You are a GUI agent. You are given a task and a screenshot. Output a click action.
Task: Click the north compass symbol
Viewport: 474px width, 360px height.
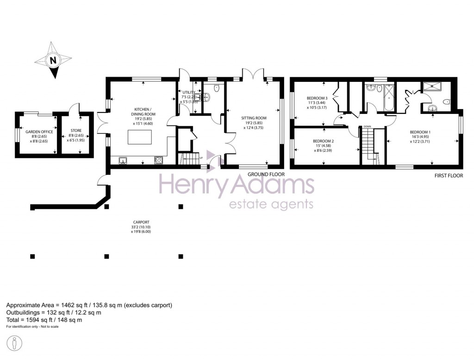pyautogui.click(x=53, y=60)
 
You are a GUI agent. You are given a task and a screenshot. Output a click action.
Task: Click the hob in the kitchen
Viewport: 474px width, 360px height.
pyautogui.click(x=159, y=161)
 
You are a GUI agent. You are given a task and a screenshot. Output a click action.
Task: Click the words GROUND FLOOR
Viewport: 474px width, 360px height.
pyautogui.click(x=266, y=174)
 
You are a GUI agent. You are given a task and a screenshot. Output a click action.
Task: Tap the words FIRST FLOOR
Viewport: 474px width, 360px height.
pyautogui.click(x=448, y=176)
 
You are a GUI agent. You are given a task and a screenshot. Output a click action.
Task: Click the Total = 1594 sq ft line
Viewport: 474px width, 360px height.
pyautogui.click(x=44, y=320)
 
